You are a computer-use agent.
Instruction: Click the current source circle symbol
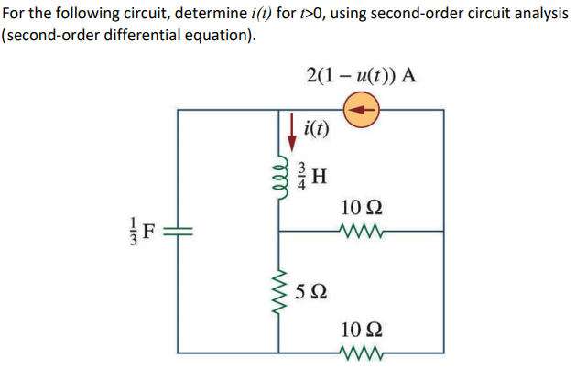(363, 110)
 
